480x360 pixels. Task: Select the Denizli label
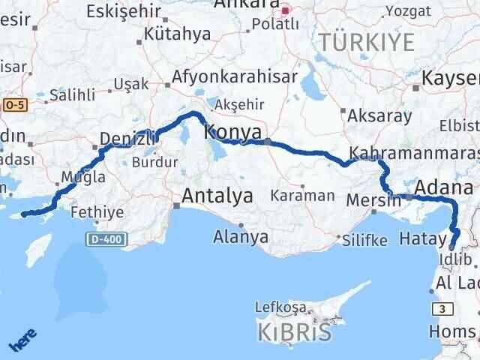[x=128, y=138]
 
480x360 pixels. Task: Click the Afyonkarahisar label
[x=234, y=76]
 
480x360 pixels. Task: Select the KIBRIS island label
[x=294, y=332]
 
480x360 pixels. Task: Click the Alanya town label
[x=241, y=237]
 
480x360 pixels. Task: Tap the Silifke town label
[x=364, y=241]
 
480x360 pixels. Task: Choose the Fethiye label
[x=97, y=212]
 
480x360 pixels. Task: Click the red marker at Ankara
[x=285, y=11]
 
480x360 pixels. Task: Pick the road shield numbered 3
[x=442, y=308]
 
